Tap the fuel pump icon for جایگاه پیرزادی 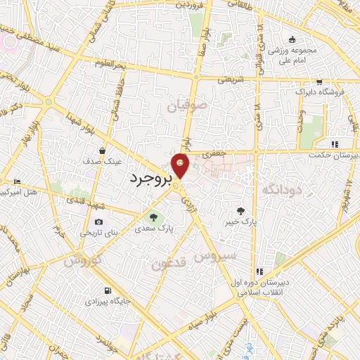(106, 290)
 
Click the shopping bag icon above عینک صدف (103, 150)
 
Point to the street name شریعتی (230, 79)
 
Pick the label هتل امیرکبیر (20, 191)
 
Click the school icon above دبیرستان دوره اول (259, 271)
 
